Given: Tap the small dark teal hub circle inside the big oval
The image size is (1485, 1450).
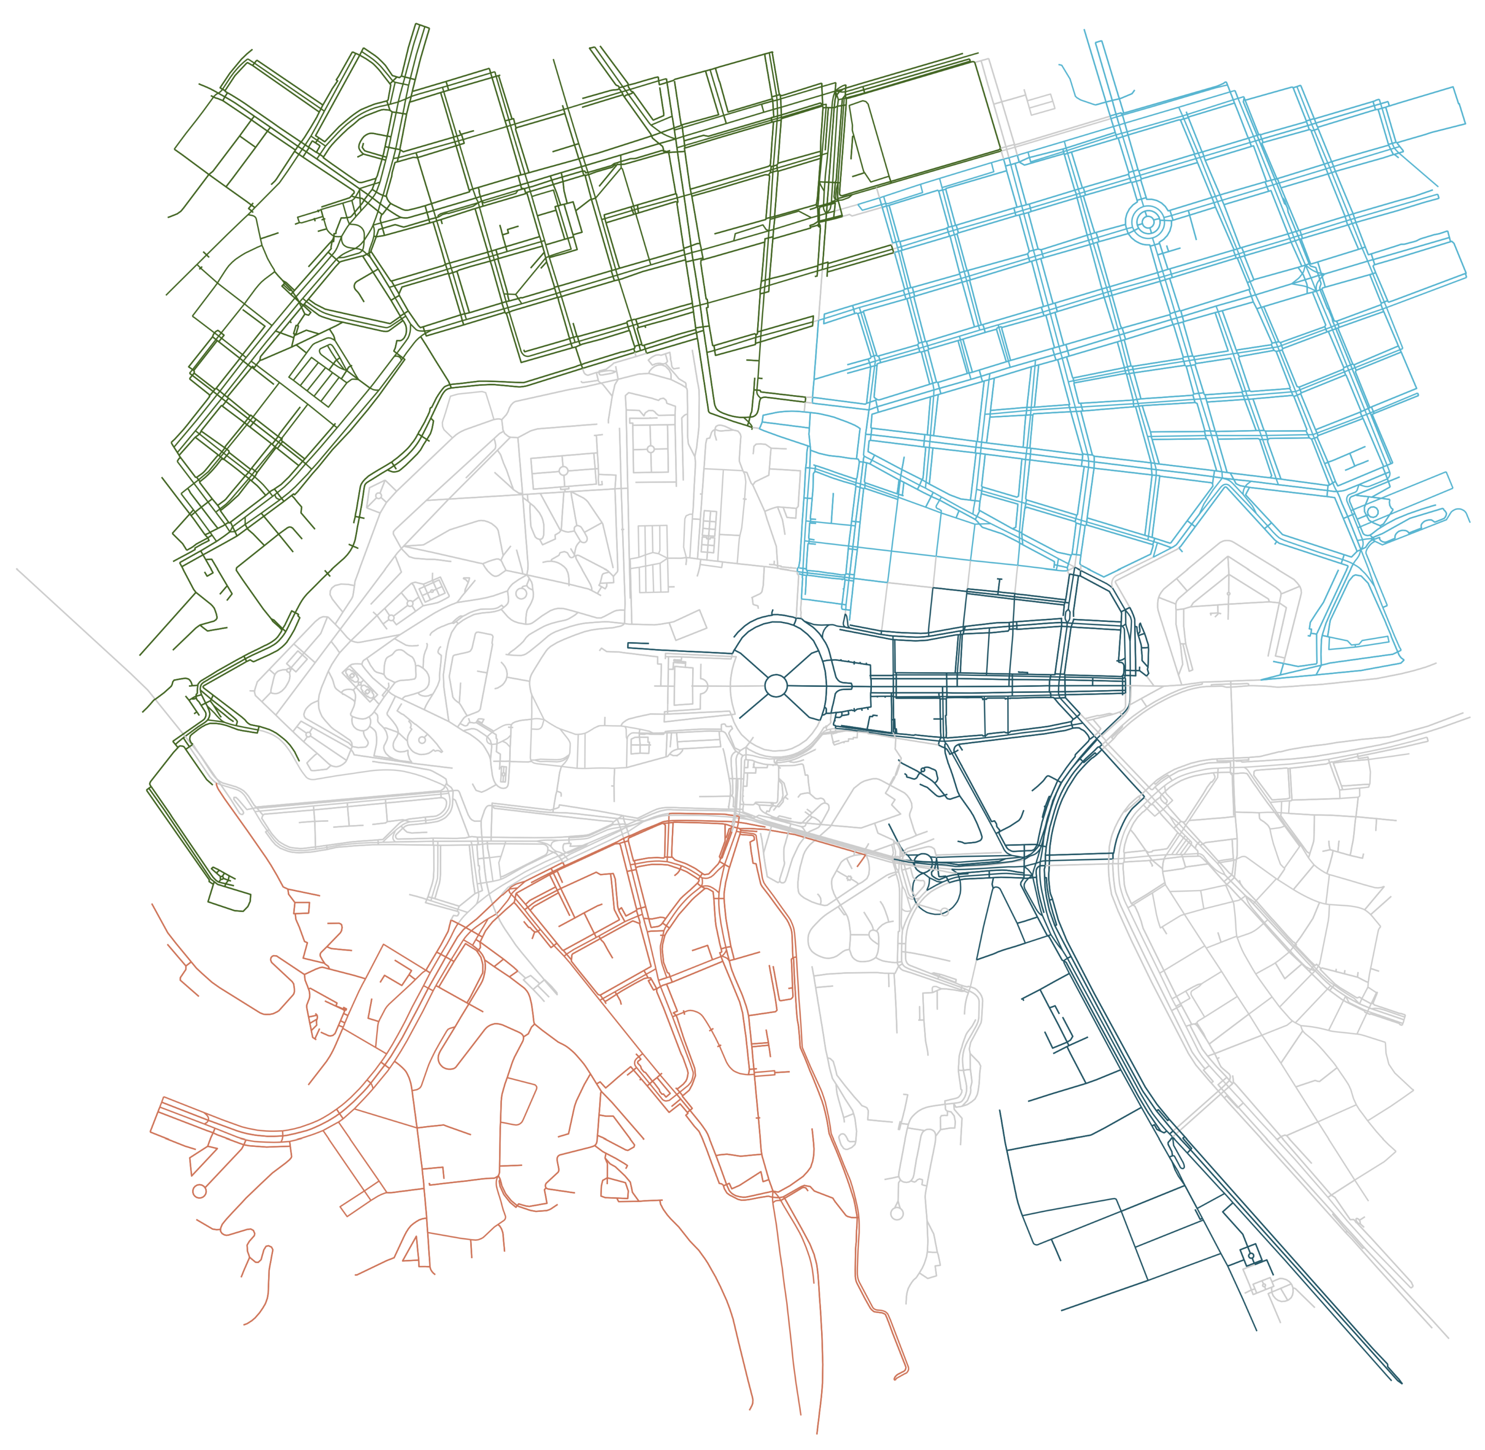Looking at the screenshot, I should [x=775, y=685].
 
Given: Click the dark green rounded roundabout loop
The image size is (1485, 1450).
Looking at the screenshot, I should [x=352, y=236].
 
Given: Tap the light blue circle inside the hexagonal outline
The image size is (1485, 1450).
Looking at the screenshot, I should [x=1372, y=512].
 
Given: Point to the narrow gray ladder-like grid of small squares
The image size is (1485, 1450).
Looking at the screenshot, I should [x=708, y=531].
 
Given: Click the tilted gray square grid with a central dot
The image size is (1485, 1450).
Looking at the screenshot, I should [x=433, y=590].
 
